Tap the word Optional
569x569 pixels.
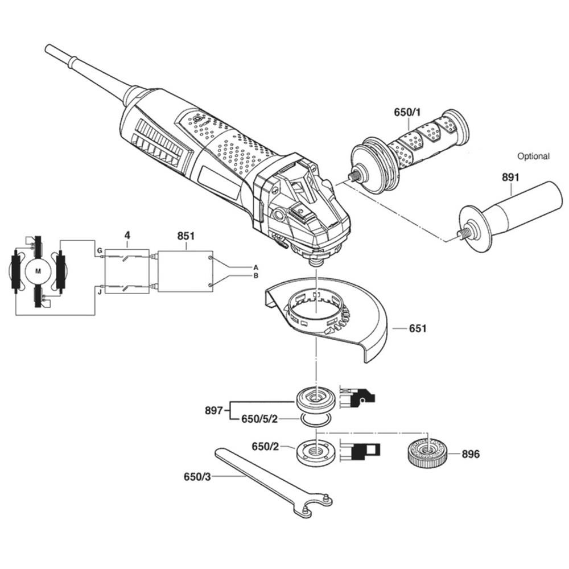[x=533, y=156]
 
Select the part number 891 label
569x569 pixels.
[x=510, y=178]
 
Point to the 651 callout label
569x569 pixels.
[x=418, y=329]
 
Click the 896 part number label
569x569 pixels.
[x=471, y=454]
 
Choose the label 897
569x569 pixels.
[x=213, y=410]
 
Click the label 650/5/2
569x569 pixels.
[x=259, y=420]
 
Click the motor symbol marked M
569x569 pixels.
[x=38, y=271]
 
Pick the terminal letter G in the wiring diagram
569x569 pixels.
[x=99, y=250]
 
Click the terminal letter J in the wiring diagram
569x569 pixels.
[x=99, y=291]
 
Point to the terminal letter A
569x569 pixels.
[x=255, y=267]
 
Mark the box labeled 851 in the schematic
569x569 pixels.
[x=185, y=271]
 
